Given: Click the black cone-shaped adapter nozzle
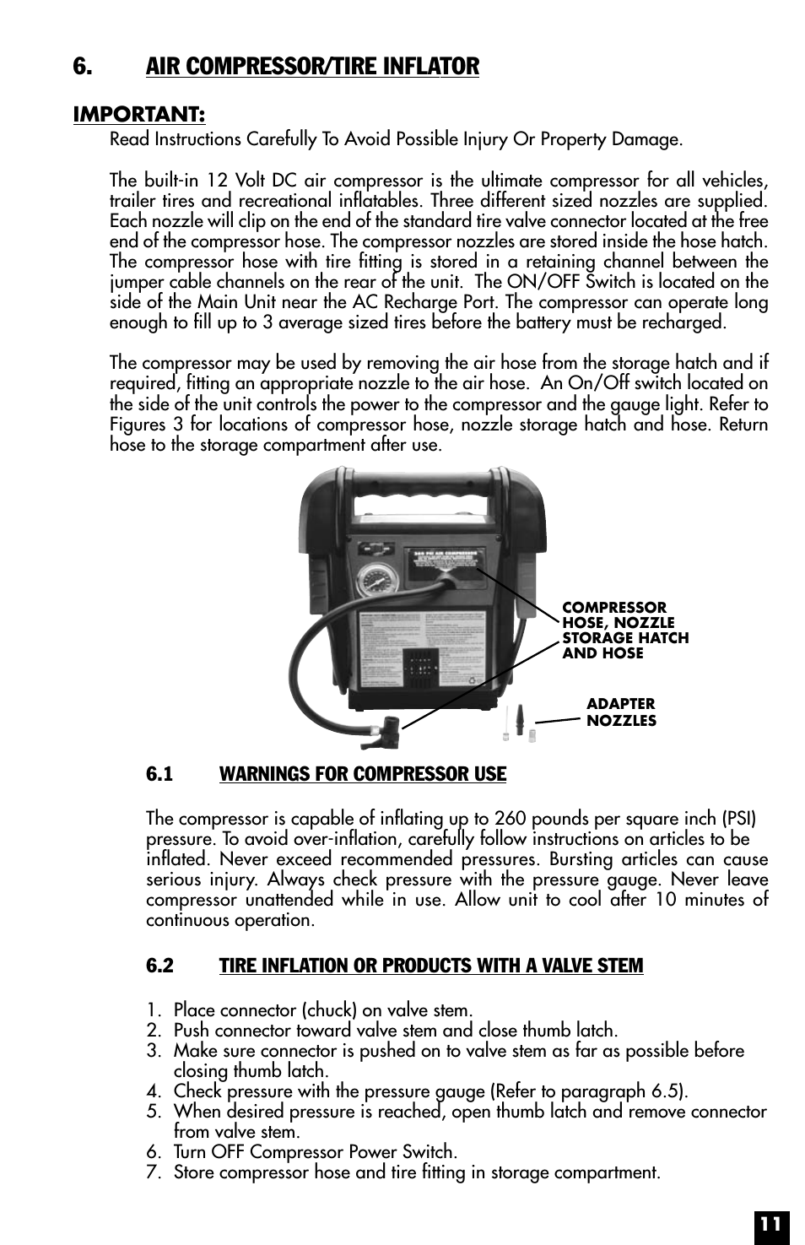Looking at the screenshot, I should [x=520, y=719].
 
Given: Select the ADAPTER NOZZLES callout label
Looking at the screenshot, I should [x=621, y=712].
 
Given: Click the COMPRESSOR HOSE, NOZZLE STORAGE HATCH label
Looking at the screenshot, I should [x=625, y=631].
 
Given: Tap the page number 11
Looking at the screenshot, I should [x=770, y=1223].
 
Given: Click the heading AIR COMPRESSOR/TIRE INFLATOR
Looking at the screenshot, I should [x=312, y=66].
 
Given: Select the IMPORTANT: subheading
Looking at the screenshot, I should [x=139, y=114].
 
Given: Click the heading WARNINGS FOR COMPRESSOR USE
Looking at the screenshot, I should [x=363, y=774].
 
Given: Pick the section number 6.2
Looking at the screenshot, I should [x=159, y=966].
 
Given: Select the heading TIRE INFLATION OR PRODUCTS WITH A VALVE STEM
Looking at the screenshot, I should [x=431, y=966].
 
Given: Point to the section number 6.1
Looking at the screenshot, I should [x=159, y=774].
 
